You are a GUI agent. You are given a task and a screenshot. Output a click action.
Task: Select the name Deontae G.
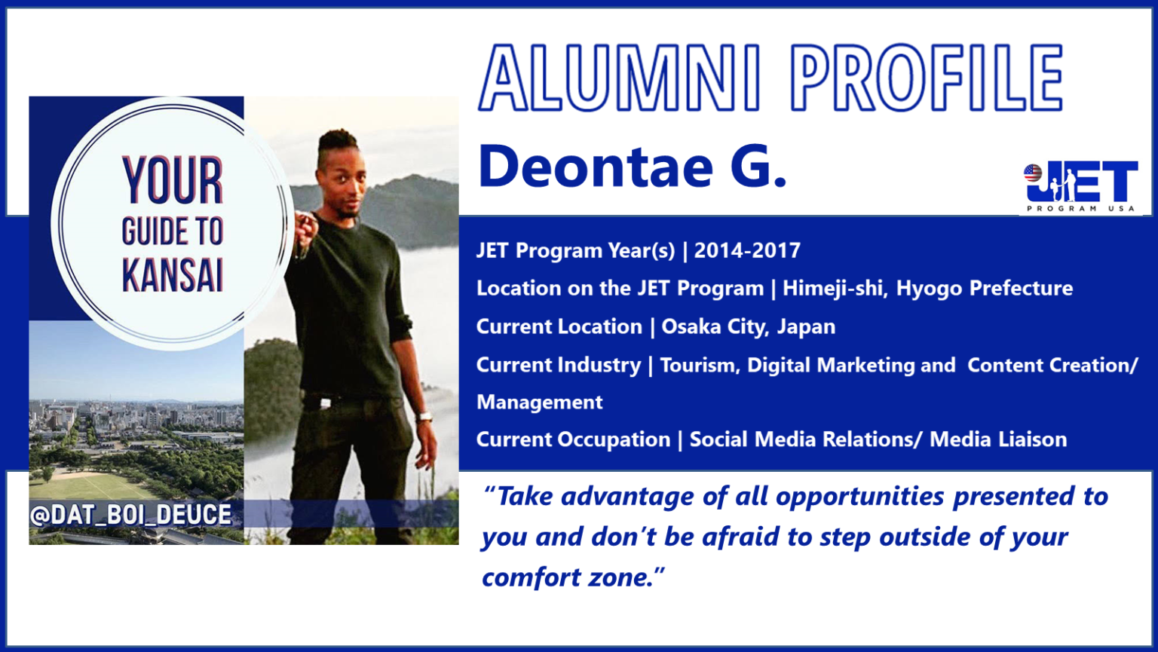click(x=633, y=167)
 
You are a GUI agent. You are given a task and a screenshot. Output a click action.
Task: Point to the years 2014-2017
click(x=747, y=250)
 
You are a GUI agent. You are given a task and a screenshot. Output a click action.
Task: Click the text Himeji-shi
click(x=832, y=288)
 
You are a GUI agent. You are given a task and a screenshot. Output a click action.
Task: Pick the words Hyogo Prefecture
click(x=984, y=288)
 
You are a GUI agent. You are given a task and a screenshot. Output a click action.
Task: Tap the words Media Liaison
click(x=997, y=439)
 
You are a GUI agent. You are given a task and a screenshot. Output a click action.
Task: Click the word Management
click(x=539, y=402)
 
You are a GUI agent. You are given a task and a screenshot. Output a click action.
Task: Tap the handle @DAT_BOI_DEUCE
click(x=130, y=514)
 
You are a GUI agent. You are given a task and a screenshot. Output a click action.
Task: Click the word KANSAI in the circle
click(x=173, y=277)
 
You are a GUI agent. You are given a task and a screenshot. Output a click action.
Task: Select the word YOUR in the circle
click(x=173, y=181)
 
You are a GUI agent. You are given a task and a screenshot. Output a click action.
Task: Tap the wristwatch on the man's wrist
click(x=424, y=416)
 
